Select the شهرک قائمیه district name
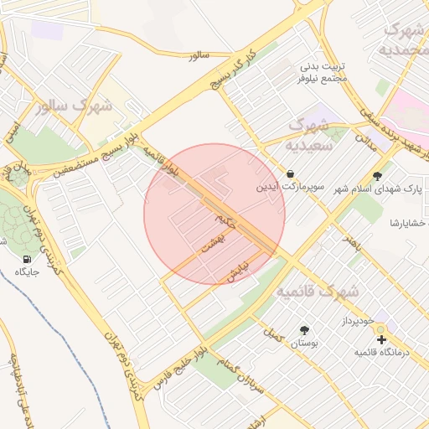pyautogui.click(x=318, y=292)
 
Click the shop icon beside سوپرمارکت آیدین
pyautogui.click(x=289, y=174)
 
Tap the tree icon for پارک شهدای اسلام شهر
pyautogui.click(x=378, y=176)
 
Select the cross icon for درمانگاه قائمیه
pyautogui.click(x=382, y=340)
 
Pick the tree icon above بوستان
pyautogui.click(x=303, y=330)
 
